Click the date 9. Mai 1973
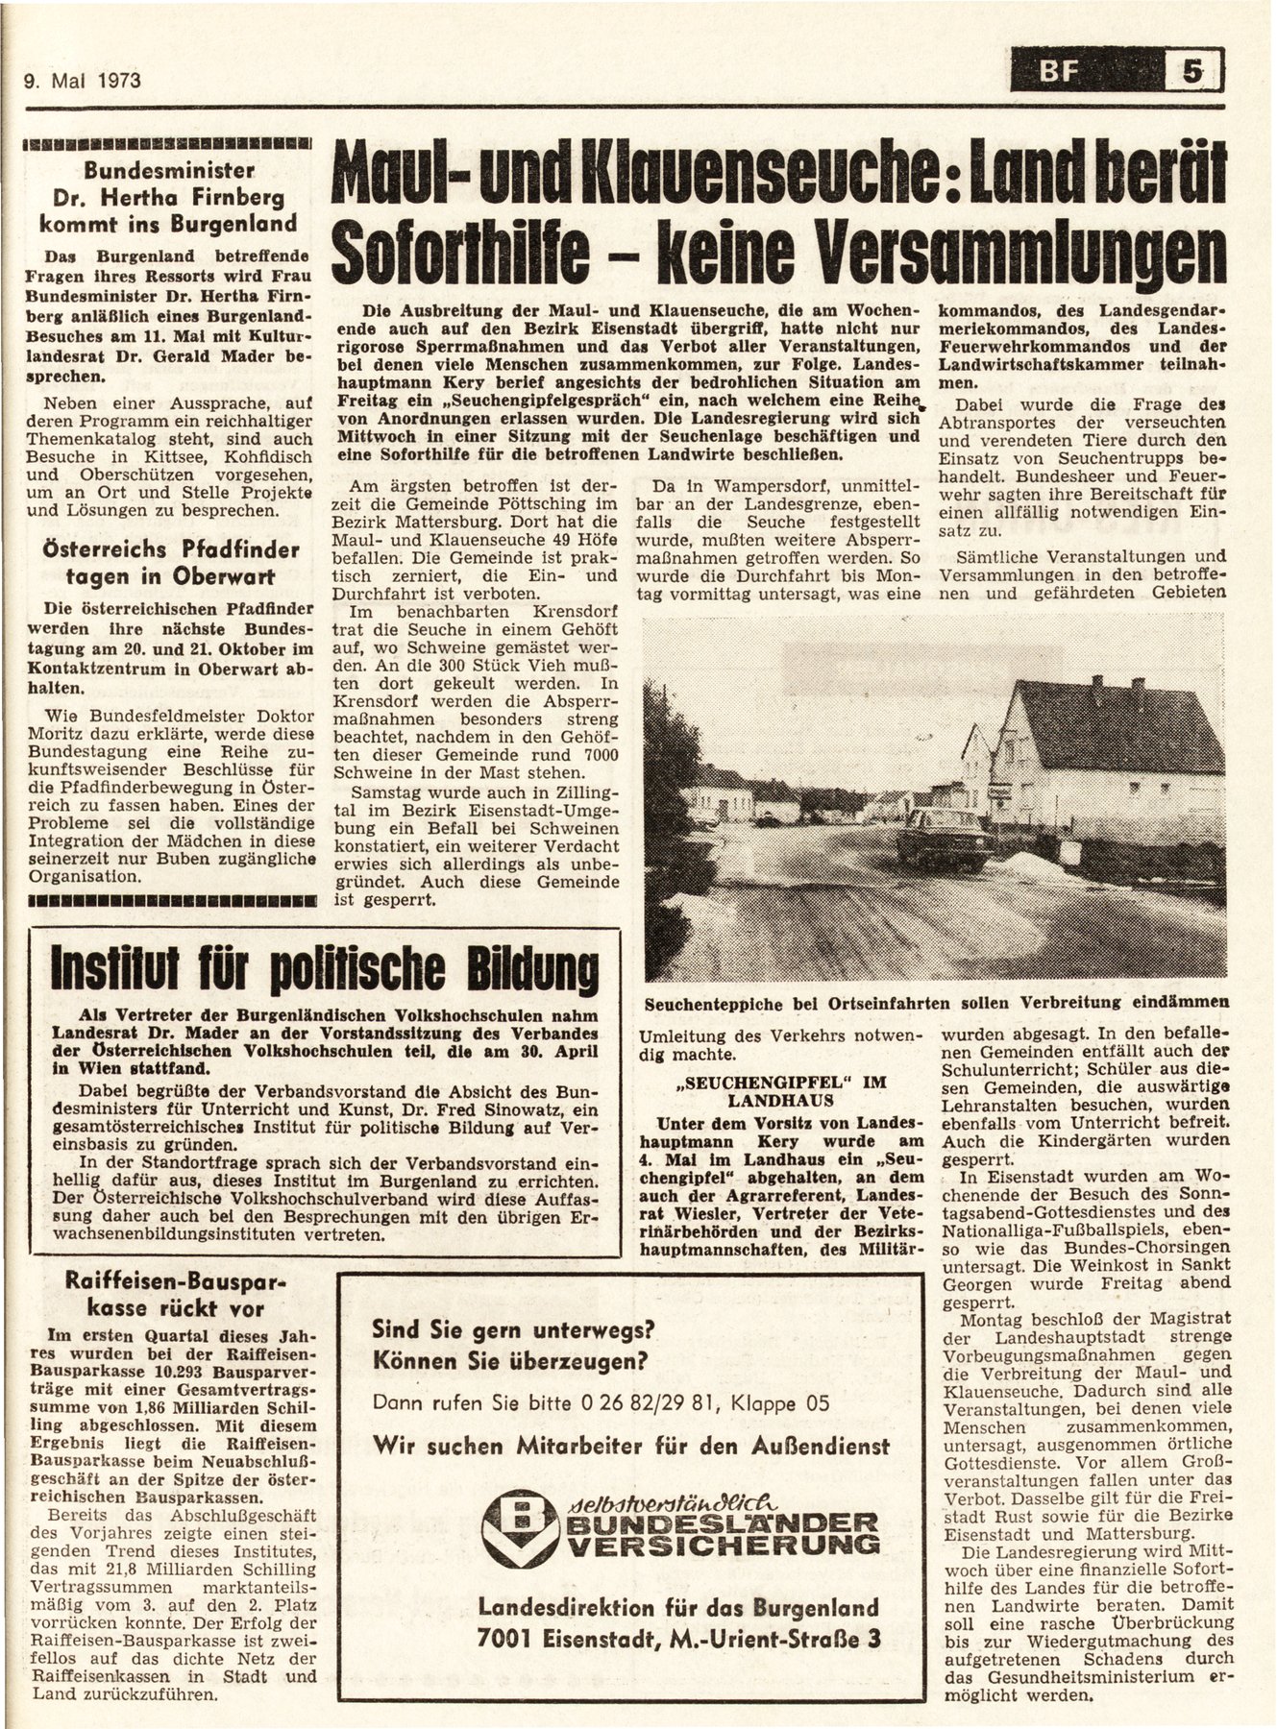(x=82, y=80)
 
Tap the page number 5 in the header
(x=1192, y=72)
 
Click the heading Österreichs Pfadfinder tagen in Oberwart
(x=170, y=564)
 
